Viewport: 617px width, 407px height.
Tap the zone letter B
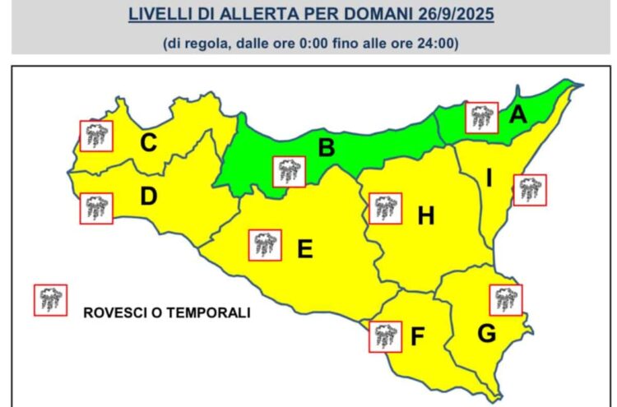326,149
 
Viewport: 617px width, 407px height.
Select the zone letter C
148,143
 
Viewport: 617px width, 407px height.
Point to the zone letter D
148,197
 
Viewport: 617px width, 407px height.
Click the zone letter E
304,247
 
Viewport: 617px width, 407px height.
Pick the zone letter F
417,336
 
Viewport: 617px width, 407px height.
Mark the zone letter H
425,216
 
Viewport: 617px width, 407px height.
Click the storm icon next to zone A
480,118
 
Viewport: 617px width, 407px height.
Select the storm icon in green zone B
288,171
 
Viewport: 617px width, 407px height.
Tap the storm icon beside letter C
95,136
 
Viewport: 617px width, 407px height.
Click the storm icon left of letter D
95,208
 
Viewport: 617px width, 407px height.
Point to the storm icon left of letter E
265,244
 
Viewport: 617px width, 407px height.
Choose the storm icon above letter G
504,299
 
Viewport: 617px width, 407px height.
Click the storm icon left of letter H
385,208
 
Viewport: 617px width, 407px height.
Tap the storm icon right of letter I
529,190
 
